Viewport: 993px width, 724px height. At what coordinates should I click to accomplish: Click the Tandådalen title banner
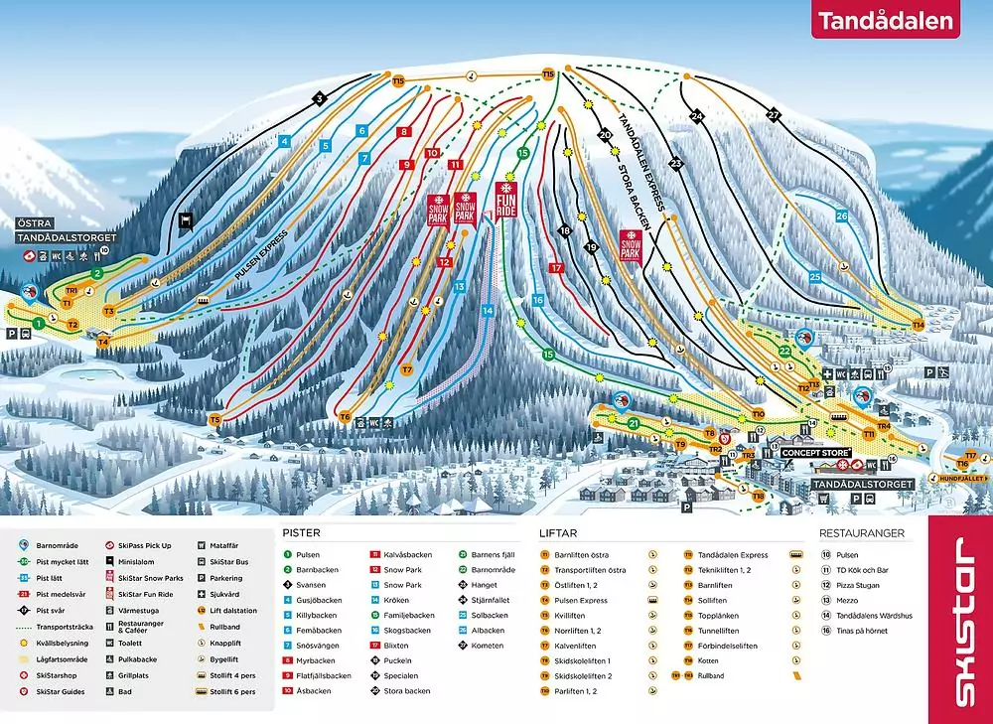pos(885,21)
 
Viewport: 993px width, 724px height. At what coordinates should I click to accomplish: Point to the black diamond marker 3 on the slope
pos(319,98)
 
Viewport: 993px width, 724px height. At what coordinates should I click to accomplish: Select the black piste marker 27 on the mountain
pos(774,115)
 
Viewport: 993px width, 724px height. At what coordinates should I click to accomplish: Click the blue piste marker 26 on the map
pos(842,216)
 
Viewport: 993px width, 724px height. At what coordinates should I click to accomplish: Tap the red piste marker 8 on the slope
pos(403,131)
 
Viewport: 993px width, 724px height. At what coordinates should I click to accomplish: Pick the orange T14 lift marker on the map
pos(918,325)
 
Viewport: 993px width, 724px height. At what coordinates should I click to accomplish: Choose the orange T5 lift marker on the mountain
pos(214,420)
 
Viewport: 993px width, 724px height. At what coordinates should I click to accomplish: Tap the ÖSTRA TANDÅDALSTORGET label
pos(66,231)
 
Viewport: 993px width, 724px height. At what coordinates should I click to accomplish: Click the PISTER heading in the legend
pos(300,532)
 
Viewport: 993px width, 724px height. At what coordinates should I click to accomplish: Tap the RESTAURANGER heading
pos(861,532)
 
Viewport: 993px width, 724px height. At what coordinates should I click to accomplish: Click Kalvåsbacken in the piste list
pos(407,555)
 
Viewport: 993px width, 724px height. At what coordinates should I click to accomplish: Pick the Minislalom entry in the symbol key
pos(137,559)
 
